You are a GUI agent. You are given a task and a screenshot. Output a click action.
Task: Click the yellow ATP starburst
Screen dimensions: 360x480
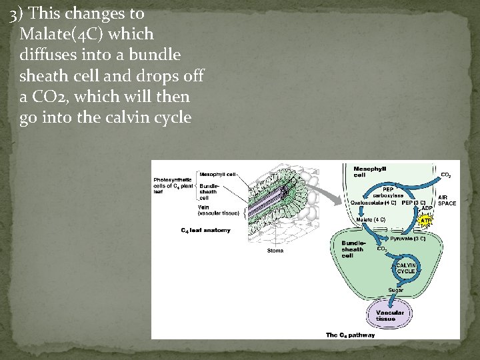tap(425, 220)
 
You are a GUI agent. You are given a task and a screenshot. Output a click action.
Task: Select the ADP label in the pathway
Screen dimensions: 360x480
tap(427, 209)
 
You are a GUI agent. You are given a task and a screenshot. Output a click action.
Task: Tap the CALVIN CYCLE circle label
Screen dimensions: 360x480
tap(406, 268)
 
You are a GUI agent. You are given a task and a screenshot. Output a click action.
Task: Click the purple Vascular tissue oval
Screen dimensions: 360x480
tap(390, 315)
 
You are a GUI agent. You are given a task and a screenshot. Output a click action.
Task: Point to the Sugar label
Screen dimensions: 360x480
tap(396, 290)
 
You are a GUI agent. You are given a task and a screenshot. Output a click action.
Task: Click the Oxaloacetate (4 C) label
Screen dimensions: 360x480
tap(373, 202)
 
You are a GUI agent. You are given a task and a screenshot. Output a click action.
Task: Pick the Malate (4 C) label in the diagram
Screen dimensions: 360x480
tap(371, 219)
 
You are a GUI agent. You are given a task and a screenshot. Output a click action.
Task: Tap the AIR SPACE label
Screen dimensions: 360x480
tap(447, 200)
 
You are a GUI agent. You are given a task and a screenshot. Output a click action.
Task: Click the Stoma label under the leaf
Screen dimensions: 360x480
tap(275, 251)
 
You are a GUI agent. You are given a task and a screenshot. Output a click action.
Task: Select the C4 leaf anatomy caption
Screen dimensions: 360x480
tap(205, 231)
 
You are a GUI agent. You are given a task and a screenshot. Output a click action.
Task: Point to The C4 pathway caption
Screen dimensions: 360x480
tap(350, 335)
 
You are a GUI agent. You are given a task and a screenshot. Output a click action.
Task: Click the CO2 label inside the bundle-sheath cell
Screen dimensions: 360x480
tap(382, 249)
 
